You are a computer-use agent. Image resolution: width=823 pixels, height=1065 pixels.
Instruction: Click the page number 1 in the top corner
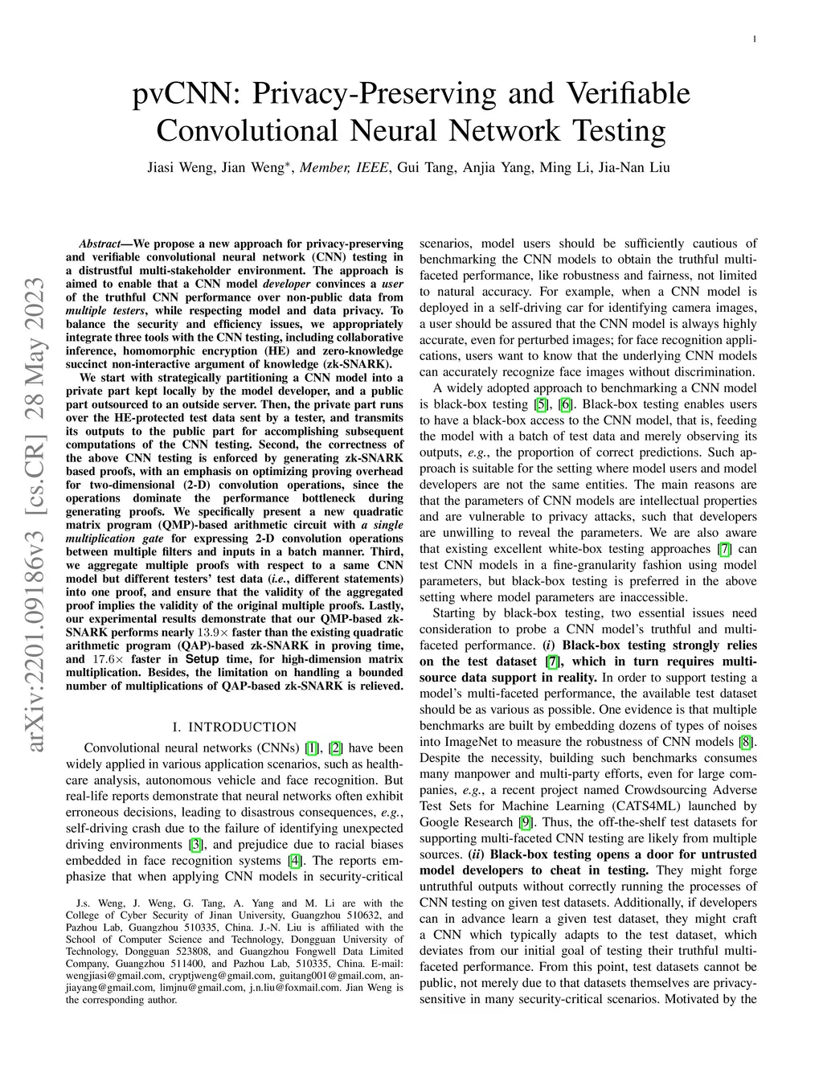click(x=755, y=39)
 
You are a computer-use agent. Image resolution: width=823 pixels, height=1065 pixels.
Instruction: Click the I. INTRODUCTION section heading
click(x=234, y=727)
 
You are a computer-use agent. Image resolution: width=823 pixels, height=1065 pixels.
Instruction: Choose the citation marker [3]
click(x=195, y=845)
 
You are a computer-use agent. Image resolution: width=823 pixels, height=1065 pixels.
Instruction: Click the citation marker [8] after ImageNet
click(x=747, y=742)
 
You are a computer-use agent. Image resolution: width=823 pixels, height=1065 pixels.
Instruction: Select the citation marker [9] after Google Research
click(x=526, y=822)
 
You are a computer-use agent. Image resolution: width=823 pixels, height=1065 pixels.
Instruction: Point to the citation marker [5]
click(x=543, y=404)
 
